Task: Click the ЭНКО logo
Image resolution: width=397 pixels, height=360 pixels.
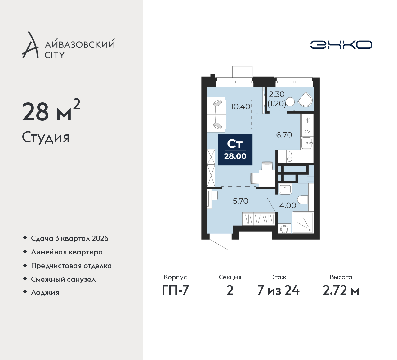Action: click(x=341, y=45)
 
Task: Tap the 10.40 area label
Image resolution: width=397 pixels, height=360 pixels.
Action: click(x=240, y=107)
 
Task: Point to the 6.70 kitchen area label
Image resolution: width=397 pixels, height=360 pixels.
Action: click(x=284, y=135)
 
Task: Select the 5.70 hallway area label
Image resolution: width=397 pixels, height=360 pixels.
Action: click(x=240, y=201)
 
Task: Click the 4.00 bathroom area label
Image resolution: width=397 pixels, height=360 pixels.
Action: click(x=288, y=205)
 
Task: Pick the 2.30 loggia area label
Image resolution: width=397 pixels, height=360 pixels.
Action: click(x=277, y=94)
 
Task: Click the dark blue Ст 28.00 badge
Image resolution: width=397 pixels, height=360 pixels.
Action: click(x=235, y=150)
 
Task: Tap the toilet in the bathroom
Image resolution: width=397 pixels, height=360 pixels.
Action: click(x=303, y=200)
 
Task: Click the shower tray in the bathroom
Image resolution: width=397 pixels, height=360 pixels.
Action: click(x=303, y=223)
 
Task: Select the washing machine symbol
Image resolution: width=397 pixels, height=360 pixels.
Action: click(x=284, y=229)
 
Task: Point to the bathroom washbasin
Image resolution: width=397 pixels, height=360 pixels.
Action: click(x=285, y=189)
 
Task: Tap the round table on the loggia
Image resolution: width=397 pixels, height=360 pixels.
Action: click(x=290, y=102)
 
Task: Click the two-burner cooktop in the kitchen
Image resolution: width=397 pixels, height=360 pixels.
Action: click(x=289, y=156)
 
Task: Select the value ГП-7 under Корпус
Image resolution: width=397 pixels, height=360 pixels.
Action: click(x=175, y=290)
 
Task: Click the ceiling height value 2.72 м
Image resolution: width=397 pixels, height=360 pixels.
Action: click(x=341, y=290)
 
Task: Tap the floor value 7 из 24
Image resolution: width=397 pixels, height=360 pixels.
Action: click(x=278, y=290)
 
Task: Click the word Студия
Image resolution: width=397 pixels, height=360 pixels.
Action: click(x=46, y=137)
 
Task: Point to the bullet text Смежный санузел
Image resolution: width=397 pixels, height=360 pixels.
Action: click(x=63, y=279)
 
